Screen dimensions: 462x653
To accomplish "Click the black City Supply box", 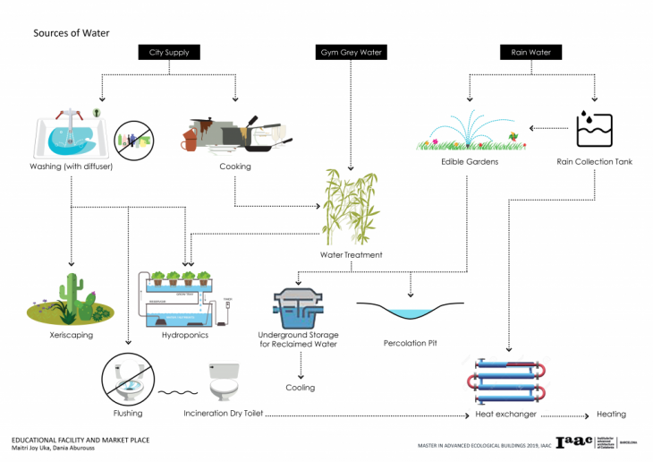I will coord(169,53).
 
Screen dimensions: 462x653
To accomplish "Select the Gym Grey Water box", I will coord(351,53).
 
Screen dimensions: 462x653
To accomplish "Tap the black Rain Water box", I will coord(530,53).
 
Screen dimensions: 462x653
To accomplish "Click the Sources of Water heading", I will coord(71,33).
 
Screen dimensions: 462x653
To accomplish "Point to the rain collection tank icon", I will coord(593,127).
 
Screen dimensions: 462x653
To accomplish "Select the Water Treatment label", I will coord(352,255).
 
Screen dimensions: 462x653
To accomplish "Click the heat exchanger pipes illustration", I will coord(505,381).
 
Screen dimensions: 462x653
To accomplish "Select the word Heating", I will coord(612,415).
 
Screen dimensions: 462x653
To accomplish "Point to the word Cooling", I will coord(300,389).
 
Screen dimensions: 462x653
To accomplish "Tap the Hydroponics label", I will coord(185,335).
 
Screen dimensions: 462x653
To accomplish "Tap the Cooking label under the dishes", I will coord(235,167).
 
